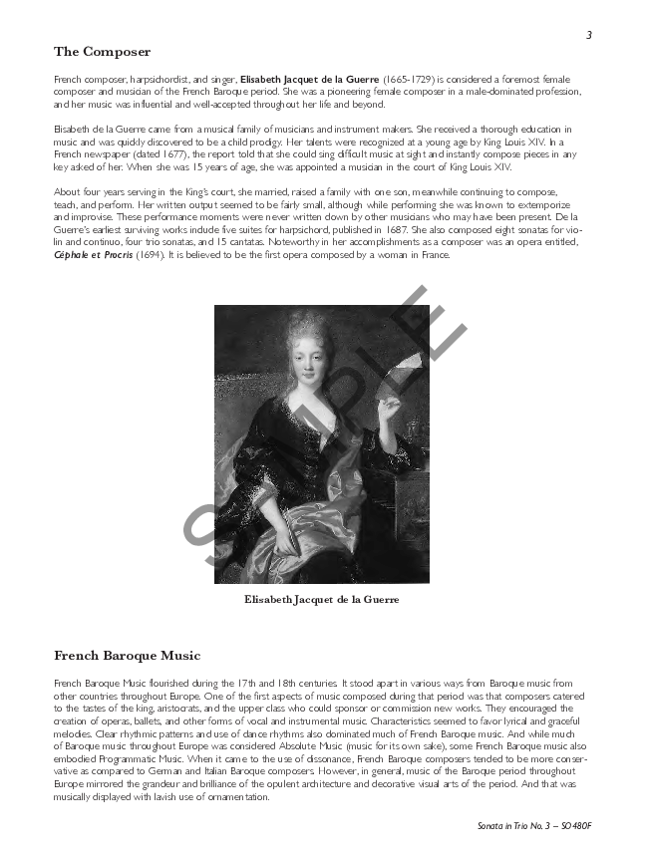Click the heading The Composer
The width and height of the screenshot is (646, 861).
click(x=102, y=52)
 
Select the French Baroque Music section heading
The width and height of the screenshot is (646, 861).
click(x=127, y=655)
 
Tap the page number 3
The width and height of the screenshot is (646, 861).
click(x=589, y=35)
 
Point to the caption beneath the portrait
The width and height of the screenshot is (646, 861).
click(x=321, y=600)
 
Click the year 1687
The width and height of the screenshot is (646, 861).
click(x=379, y=229)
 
